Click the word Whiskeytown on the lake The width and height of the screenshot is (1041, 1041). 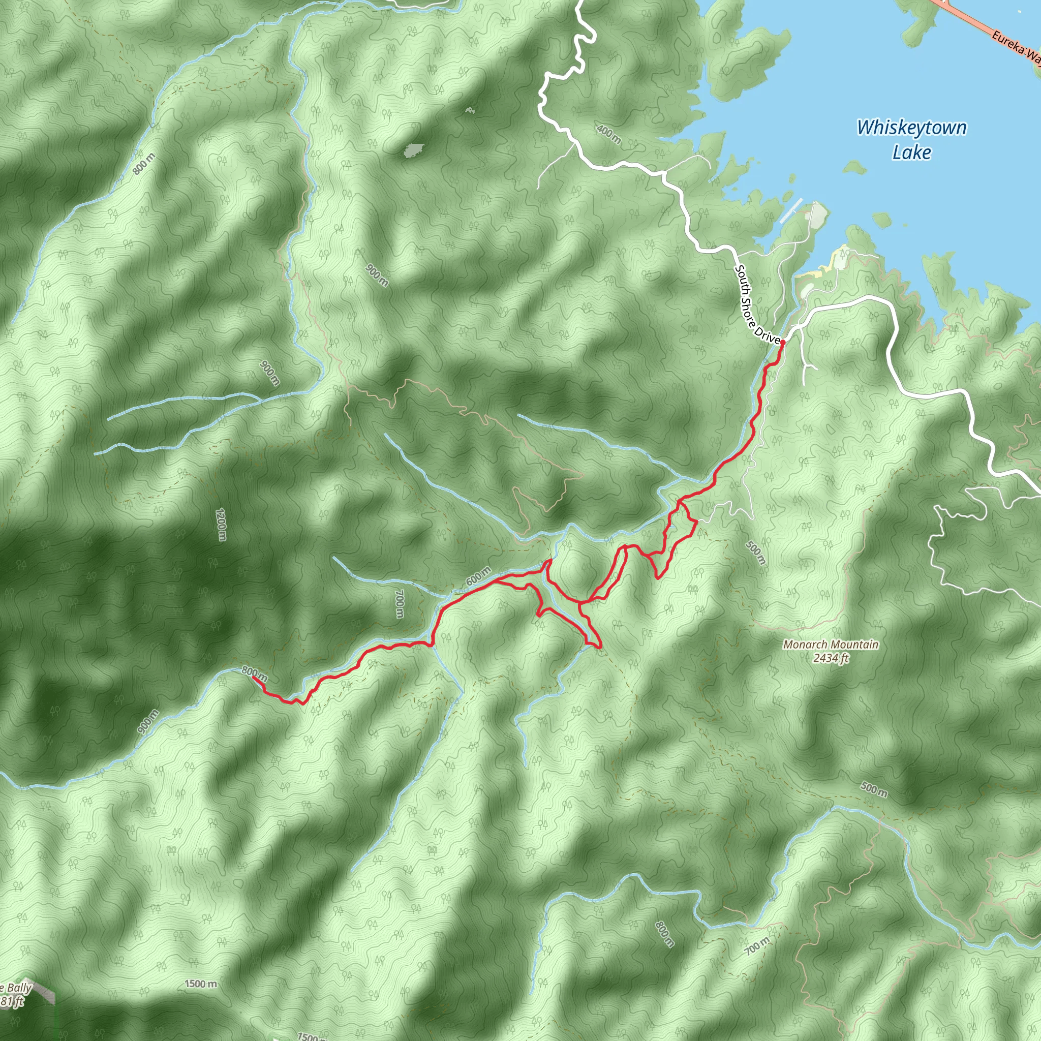click(911, 128)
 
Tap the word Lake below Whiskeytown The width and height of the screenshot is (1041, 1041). click(911, 152)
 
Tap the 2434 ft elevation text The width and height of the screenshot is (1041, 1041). click(831, 658)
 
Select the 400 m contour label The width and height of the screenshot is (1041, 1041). click(609, 134)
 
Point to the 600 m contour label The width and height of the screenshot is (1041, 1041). click(478, 576)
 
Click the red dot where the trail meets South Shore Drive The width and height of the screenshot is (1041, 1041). click(782, 342)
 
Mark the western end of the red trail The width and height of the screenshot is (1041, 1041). click(253, 677)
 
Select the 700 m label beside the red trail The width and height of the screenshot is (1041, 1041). click(399, 604)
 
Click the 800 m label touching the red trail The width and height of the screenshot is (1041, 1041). click(254, 672)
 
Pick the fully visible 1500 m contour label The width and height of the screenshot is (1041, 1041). click(200, 985)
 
